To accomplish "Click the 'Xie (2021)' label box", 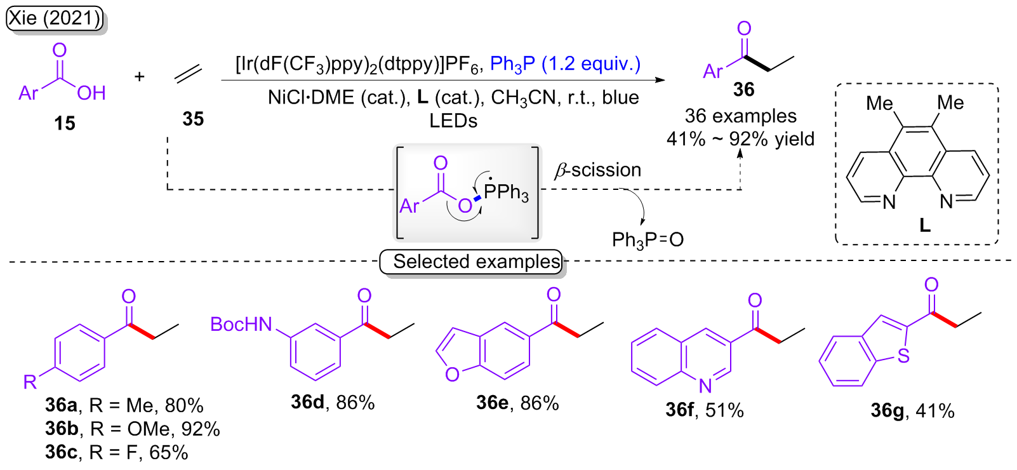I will pyautogui.click(x=55, y=18).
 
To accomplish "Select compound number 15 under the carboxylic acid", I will pyautogui.click(x=65, y=123).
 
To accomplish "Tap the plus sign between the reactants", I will pyautogui.click(x=140, y=77).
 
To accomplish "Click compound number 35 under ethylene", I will pyautogui.click(x=193, y=119).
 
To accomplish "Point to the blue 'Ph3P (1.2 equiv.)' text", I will pyautogui.click(x=565, y=64).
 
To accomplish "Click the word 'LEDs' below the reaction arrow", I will pyautogui.click(x=453, y=121).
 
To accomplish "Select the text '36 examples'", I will pyautogui.click(x=740, y=116).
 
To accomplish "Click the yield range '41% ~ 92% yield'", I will pyautogui.click(x=740, y=138).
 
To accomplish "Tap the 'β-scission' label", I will pyautogui.click(x=598, y=170).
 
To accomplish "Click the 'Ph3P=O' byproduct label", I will pyautogui.click(x=648, y=239).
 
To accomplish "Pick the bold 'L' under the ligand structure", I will pyautogui.click(x=925, y=225).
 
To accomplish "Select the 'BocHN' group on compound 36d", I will pyautogui.click(x=241, y=325).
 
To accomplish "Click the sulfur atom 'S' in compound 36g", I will pyautogui.click(x=903, y=356).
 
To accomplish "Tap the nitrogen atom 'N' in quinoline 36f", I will pyautogui.click(x=705, y=385).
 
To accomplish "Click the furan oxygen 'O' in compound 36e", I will pyautogui.click(x=452, y=375).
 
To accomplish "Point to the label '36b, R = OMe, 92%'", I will pyautogui.click(x=132, y=429).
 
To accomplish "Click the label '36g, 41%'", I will pyautogui.click(x=912, y=411).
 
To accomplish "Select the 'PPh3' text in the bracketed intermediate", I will pyautogui.click(x=506, y=192).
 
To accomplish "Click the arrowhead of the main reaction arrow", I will pyautogui.click(x=660, y=80).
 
